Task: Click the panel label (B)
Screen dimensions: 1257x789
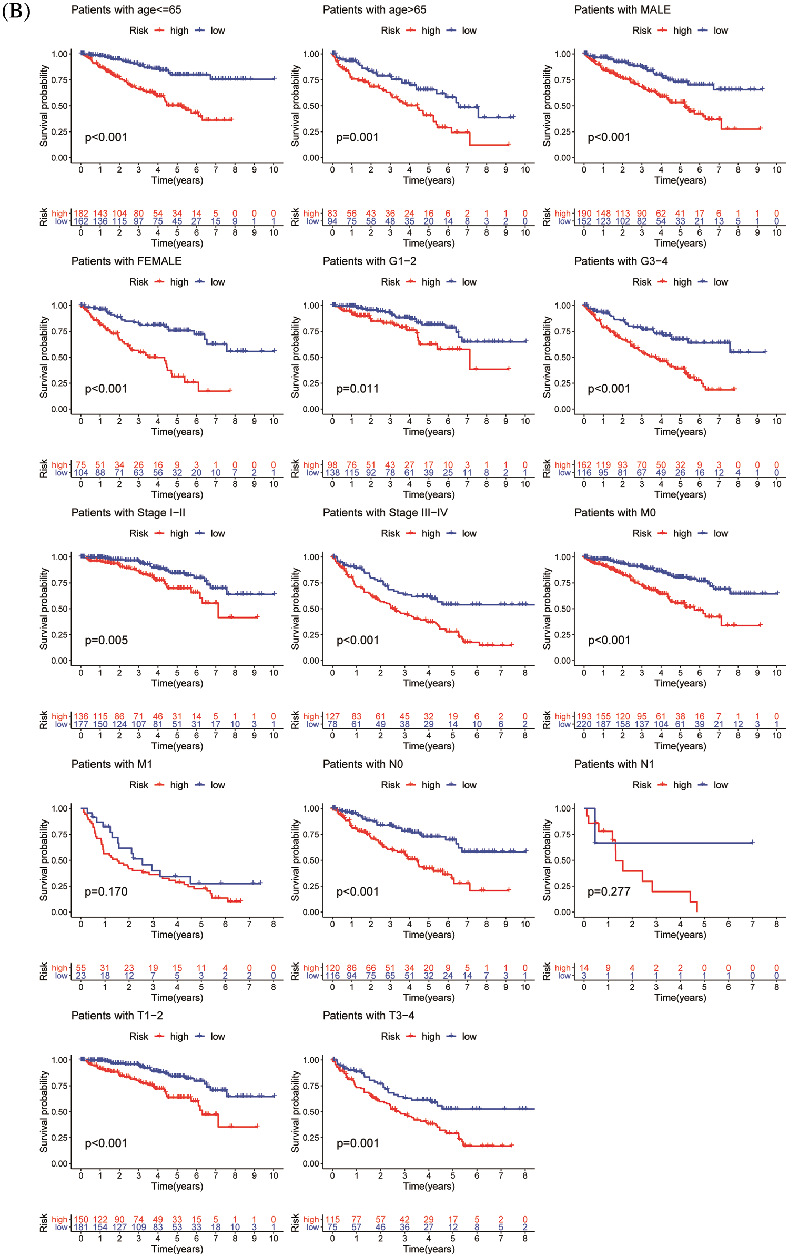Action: (16, 11)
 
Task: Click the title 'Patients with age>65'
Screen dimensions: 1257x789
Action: (374, 10)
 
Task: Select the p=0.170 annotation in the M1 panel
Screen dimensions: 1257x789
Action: (106, 891)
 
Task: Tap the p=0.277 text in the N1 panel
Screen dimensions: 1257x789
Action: (609, 891)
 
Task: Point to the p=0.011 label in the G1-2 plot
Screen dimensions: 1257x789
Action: (357, 389)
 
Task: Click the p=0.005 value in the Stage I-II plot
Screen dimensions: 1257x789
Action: (106, 640)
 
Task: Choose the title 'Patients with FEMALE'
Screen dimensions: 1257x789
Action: (126, 261)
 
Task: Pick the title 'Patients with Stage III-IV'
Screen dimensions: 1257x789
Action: (385, 513)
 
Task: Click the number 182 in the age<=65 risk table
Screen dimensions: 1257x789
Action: (81, 214)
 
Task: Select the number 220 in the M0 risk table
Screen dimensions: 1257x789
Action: (584, 724)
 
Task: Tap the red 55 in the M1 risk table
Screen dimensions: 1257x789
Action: (81, 968)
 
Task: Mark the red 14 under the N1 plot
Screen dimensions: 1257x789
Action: (584, 968)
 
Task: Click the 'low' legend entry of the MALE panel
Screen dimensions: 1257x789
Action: (721, 31)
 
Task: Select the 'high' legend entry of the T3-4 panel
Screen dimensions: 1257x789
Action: (430, 1037)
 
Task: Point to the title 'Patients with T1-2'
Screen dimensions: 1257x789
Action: (117, 1016)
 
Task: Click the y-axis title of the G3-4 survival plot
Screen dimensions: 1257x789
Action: (547, 357)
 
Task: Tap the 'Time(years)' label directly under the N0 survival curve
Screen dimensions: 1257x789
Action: (429, 935)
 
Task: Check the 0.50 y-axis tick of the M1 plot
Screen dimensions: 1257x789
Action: (60, 860)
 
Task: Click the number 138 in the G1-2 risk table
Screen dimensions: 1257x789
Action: (332, 473)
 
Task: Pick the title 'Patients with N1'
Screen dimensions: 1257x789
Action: (614, 764)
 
